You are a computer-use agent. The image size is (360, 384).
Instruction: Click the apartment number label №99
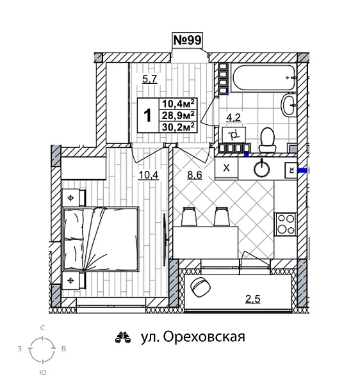coord(188,40)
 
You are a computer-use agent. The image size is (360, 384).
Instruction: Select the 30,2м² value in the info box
coord(179,126)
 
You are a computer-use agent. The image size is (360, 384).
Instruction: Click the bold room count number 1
coord(147,115)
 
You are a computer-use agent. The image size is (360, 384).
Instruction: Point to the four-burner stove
coord(285,224)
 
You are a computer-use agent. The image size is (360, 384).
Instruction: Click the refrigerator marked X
coord(226,168)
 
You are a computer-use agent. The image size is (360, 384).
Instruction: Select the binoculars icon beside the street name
coord(122,337)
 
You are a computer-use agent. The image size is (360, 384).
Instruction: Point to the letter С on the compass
coord(42,327)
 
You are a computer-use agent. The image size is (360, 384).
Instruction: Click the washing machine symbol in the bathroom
coord(234,135)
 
